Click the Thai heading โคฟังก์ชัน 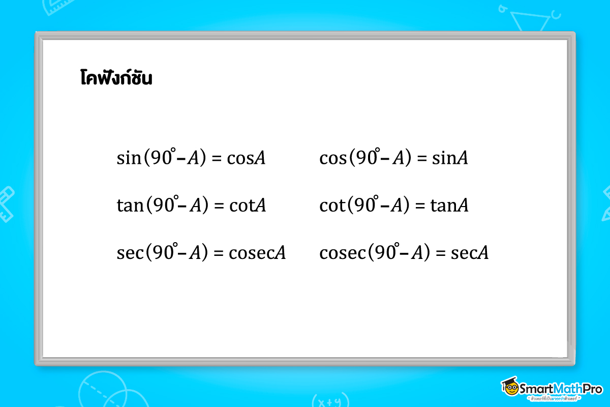(x=116, y=79)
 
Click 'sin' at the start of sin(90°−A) (x=128, y=159)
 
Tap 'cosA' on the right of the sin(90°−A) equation (x=246, y=159)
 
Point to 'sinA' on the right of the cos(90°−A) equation (x=450, y=159)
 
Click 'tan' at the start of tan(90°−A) (x=130, y=206)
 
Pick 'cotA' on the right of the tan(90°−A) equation (x=247, y=206)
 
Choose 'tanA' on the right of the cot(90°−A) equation (x=450, y=206)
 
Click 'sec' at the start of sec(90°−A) (x=129, y=252)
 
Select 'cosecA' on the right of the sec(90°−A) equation (x=257, y=252)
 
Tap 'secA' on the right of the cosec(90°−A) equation (x=470, y=252)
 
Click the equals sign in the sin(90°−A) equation (x=217, y=159)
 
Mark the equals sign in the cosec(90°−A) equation (x=441, y=253)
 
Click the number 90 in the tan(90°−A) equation (x=162, y=206)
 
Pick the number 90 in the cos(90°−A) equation (x=365, y=159)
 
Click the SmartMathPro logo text (x=560, y=389)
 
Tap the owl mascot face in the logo (x=510, y=388)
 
